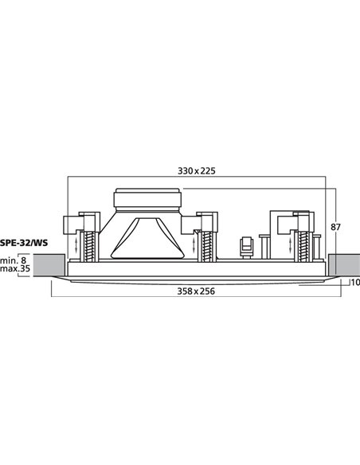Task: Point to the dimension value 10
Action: point(354,283)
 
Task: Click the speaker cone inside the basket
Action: point(147,239)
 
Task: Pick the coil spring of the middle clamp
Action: point(208,238)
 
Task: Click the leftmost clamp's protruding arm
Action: point(72,223)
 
